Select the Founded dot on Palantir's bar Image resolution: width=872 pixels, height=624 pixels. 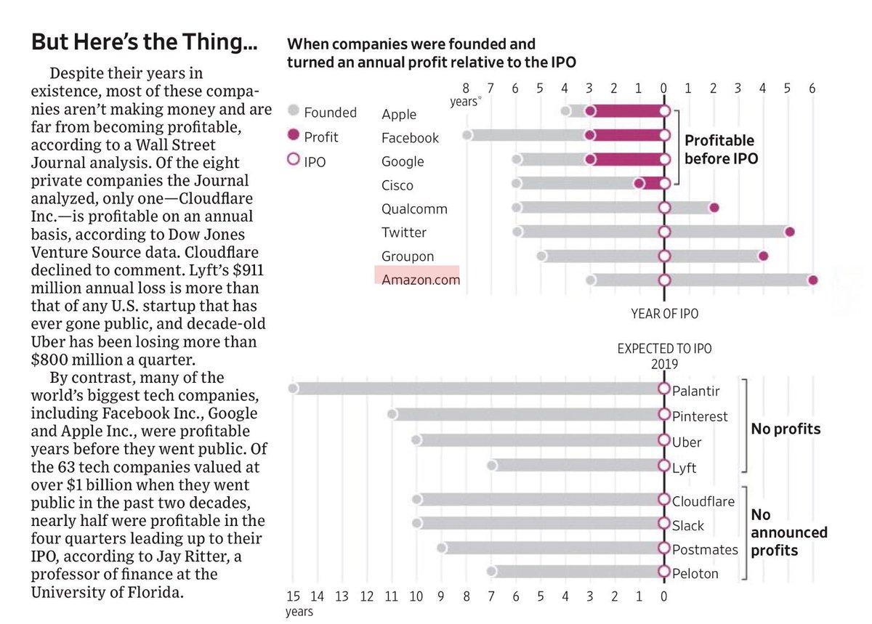[x=293, y=389]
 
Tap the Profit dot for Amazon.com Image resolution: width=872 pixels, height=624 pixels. [x=812, y=280]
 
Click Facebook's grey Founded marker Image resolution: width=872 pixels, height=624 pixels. [x=467, y=135]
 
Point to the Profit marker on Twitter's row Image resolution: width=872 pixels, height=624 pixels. [x=789, y=232]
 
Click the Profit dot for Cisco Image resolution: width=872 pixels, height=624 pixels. [x=639, y=183]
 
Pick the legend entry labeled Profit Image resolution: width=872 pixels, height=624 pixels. [x=320, y=137]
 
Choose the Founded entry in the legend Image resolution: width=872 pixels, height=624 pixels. [x=329, y=112]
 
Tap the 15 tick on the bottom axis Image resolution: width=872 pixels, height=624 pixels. [x=293, y=596]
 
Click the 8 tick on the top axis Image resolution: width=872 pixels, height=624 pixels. [x=466, y=89]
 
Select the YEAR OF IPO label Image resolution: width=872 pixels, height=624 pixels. [x=663, y=314]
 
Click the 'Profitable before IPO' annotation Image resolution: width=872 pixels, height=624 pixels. [x=720, y=148]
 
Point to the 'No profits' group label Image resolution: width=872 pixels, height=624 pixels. [x=786, y=429]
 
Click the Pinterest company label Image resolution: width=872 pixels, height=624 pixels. [x=699, y=416]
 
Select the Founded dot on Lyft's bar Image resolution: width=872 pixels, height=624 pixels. [x=492, y=465]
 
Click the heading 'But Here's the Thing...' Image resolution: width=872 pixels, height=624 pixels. [x=143, y=43]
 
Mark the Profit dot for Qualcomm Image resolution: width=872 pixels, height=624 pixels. [x=714, y=208]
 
